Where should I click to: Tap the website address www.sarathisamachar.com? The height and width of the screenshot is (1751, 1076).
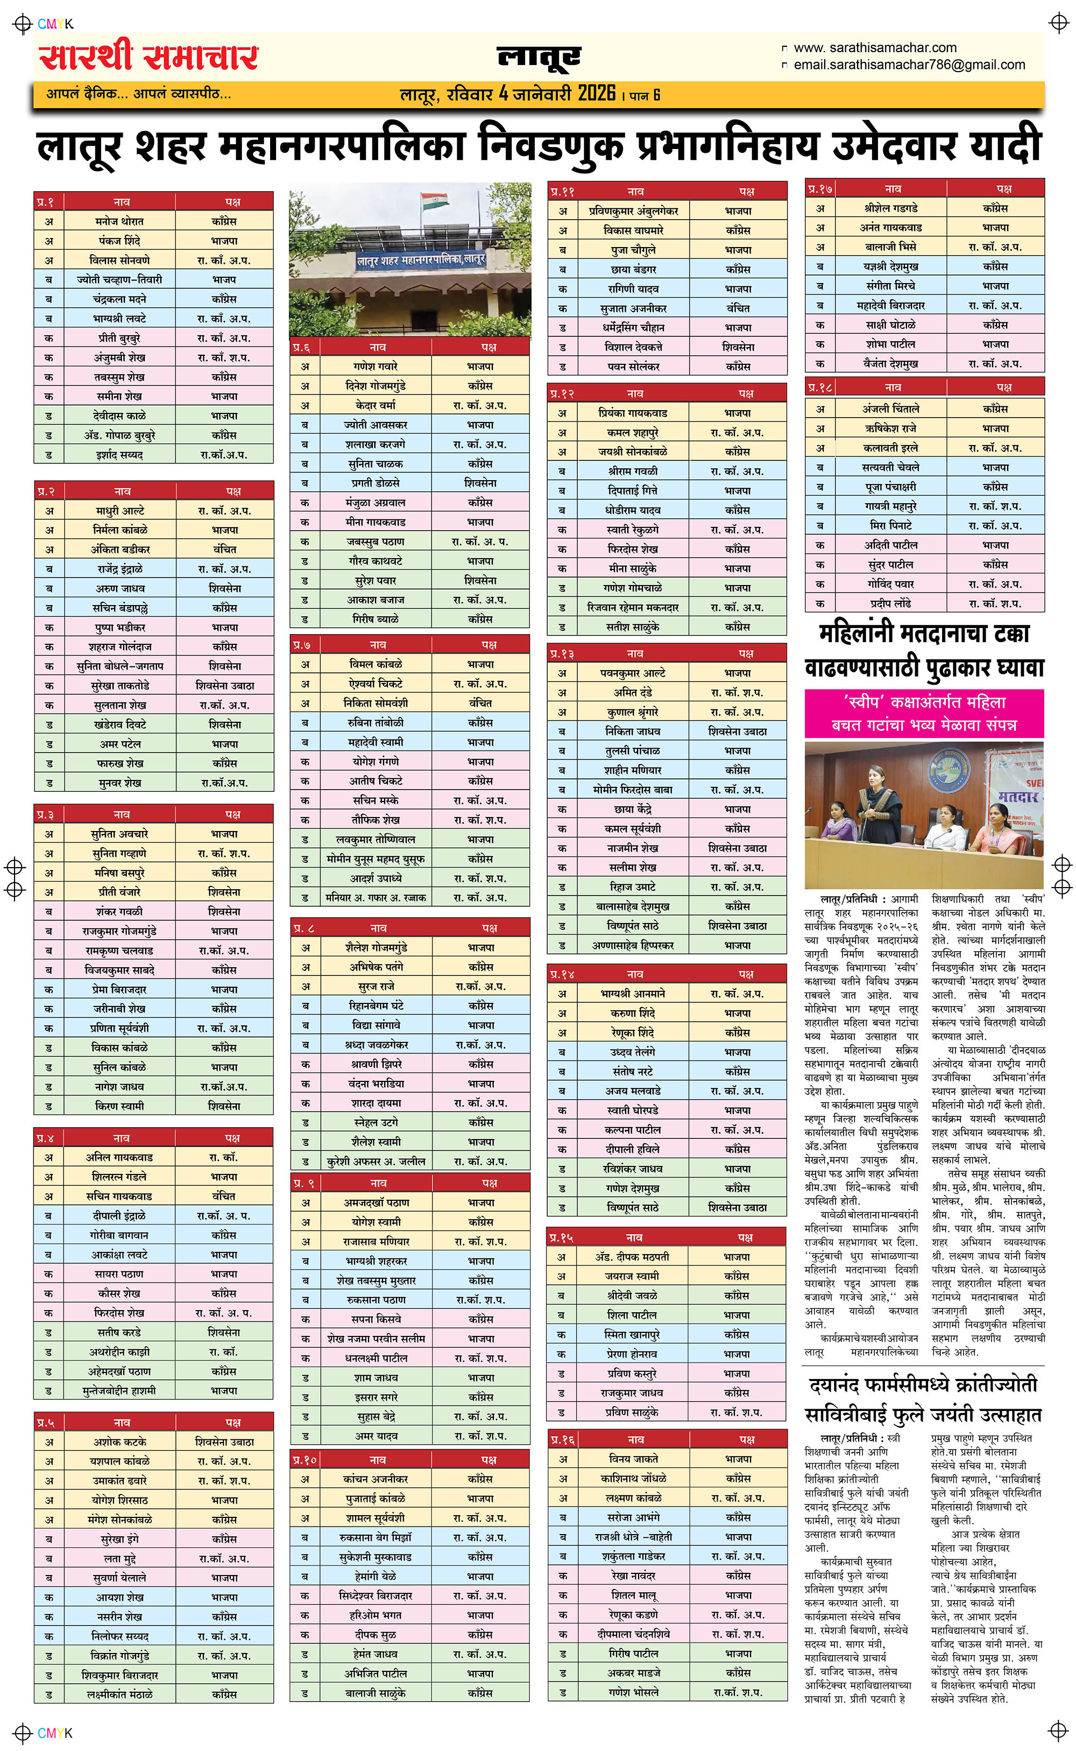point(875,48)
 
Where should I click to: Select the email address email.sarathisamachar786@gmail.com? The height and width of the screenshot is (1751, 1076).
point(909,65)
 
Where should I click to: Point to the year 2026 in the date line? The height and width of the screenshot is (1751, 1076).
point(596,93)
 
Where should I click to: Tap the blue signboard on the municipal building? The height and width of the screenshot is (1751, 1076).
point(421,260)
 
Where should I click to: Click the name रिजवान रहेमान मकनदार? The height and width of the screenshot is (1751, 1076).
point(633,607)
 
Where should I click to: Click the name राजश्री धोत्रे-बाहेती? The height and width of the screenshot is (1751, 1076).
point(633,1537)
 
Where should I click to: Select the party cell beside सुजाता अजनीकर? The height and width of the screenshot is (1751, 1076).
point(738,308)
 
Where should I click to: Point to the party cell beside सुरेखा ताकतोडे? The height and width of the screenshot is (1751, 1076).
point(225,685)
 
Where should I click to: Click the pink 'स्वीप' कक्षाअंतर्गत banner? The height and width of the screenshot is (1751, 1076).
point(924,713)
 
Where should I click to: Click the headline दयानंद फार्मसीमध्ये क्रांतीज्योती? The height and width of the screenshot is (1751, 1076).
point(923,1384)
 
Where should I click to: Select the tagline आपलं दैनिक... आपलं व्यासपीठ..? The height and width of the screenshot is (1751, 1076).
point(139,93)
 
